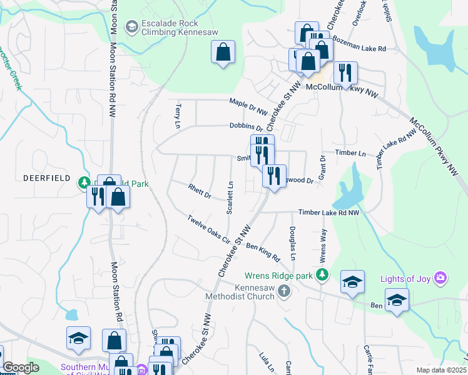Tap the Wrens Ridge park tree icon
click(322, 274)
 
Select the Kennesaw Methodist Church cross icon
click(284, 291)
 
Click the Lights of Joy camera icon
click(440, 277)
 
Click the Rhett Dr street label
click(200, 190)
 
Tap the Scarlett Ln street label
click(230, 197)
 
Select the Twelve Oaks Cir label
click(210, 229)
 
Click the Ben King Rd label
click(263, 252)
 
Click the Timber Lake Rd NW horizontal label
click(328, 213)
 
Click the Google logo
click(21, 367)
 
